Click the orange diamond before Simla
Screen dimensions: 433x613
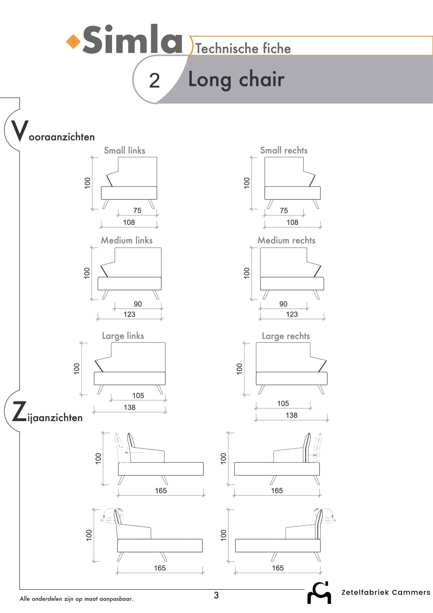tap(73, 42)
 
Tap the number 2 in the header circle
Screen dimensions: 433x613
tap(154, 80)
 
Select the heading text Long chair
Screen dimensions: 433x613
tap(236, 80)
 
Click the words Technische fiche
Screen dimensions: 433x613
tap(243, 48)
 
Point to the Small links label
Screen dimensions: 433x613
tap(125, 150)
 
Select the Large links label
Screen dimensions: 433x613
tap(123, 336)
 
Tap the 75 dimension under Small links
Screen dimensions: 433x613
tap(137, 210)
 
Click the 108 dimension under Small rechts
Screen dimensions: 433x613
tap(292, 222)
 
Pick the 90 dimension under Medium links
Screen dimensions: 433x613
tap(137, 304)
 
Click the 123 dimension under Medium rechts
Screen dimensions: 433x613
tap(292, 314)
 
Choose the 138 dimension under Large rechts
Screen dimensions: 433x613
tap(291, 415)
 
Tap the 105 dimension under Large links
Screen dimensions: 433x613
tap(138, 395)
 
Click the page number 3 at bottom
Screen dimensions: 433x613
tap(216, 595)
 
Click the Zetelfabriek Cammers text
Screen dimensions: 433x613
tap(386, 592)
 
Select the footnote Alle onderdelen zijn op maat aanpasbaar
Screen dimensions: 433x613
tap(76, 599)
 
